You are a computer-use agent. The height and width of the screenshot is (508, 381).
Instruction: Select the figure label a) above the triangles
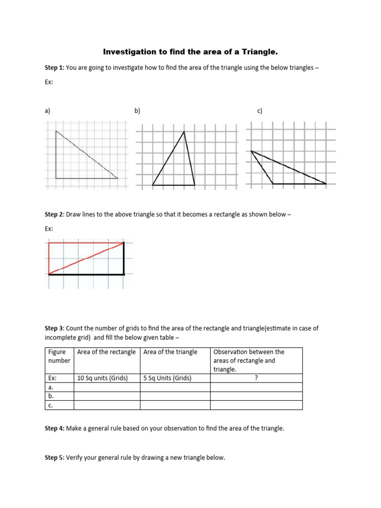click(48, 111)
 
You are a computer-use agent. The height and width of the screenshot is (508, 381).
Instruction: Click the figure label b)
click(137, 111)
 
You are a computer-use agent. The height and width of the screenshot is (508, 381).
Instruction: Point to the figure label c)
click(259, 111)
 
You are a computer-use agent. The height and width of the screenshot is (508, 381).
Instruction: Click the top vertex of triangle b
click(185, 131)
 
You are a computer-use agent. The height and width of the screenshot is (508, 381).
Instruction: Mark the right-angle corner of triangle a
click(56, 178)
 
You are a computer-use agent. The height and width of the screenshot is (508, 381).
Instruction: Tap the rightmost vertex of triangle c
click(326, 184)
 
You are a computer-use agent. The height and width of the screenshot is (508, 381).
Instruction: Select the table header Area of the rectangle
click(106, 352)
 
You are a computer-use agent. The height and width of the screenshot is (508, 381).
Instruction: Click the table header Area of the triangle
click(170, 352)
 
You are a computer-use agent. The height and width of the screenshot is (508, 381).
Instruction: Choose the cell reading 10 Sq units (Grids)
click(103, 378)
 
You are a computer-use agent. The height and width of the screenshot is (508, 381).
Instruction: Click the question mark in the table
click(256, 378)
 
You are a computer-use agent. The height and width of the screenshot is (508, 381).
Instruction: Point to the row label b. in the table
click(51, 396)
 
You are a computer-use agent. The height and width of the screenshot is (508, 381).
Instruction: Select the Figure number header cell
click(57, 356)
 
